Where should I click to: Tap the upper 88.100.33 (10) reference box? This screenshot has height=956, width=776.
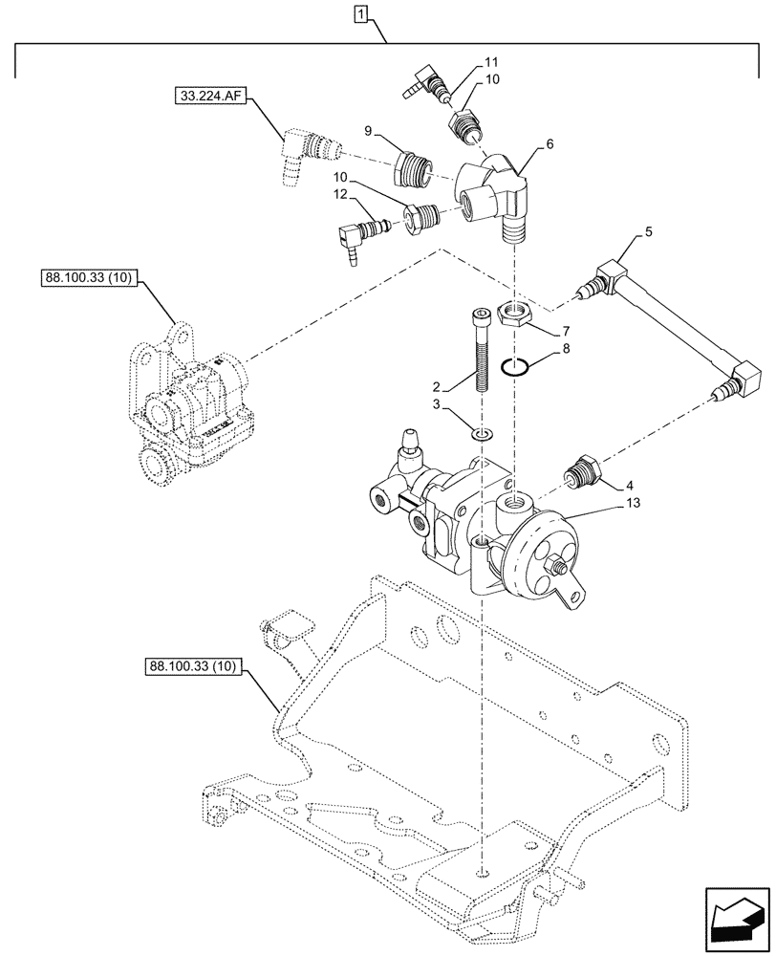91,279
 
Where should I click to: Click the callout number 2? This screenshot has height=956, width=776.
435,387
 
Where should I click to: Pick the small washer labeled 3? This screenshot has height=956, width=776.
484,436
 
